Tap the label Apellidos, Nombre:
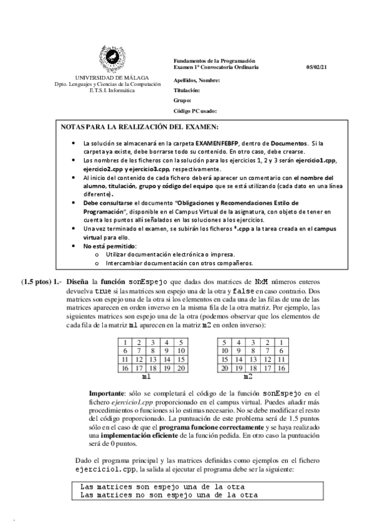click(x=197, y=80)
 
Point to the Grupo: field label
click(x=182, y=100)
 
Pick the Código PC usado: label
click(x=195, y=111)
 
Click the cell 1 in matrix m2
click(x=281, y=342)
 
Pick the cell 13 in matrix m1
click(x=153, y=360)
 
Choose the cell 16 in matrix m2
click(x=281, y=369)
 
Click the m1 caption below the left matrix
click(x=146, y=377)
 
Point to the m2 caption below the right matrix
click(x=248, y=377)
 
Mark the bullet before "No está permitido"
click(x=76, y=247)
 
